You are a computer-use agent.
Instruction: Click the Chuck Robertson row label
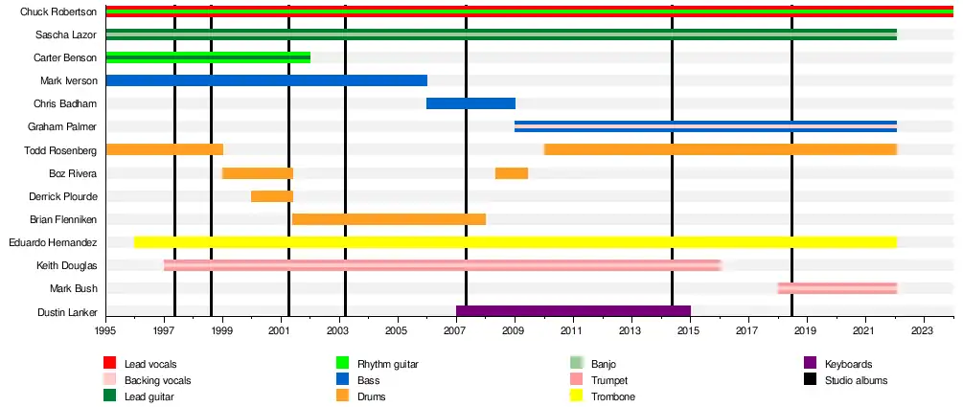pos(58,11)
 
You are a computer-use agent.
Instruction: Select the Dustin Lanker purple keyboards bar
pos(573,311)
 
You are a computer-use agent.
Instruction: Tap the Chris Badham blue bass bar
pos(470,103)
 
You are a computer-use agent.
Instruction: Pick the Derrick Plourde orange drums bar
pos(271,196)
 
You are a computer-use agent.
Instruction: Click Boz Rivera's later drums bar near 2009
pos(511,173)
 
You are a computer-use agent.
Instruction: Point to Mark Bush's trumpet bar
pos(837,288)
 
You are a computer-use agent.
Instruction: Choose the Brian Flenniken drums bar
pos(388,219)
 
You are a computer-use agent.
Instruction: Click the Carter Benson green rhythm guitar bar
pos(208,57)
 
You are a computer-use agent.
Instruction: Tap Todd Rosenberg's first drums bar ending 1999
pos(164,149)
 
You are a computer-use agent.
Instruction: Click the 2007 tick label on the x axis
pos(455,330)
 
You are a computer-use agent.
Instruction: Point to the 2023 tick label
pos(923,330)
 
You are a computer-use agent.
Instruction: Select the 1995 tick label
pos(105,330)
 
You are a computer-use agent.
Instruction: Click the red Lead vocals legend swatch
pos(109,364)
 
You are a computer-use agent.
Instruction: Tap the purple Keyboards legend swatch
pos(809,364)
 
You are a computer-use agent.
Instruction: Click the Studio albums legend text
pos(856,380)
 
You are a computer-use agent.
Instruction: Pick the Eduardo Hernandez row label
pos(53,242)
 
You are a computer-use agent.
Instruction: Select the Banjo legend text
pos(605,364)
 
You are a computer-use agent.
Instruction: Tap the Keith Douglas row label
pos(66,265)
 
